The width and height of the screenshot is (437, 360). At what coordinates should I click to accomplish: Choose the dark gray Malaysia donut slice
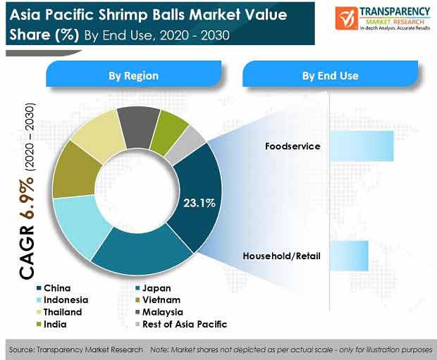139,125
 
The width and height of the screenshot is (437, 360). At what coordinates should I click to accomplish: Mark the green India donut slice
168,132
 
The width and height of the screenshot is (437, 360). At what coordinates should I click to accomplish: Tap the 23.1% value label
199,203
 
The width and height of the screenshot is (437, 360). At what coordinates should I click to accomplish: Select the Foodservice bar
362,146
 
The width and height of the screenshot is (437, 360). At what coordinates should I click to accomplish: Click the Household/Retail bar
349,256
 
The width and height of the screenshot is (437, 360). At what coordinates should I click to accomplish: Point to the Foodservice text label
293,147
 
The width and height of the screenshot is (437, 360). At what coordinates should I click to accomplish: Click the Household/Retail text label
281,256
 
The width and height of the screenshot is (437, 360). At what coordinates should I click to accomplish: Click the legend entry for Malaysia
159,312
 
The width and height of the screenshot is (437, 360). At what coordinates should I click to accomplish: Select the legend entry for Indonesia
63,300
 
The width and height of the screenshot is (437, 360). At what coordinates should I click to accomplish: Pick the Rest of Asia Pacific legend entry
181,324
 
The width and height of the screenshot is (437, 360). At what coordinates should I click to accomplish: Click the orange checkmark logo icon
346,18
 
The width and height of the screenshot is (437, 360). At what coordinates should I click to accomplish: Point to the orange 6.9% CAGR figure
27,197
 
